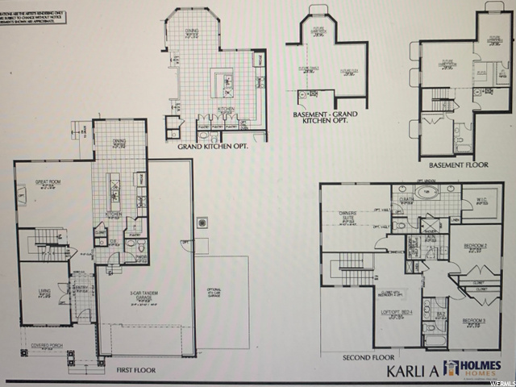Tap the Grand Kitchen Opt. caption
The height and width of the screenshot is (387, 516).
212,148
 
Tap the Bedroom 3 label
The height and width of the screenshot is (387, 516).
474,321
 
